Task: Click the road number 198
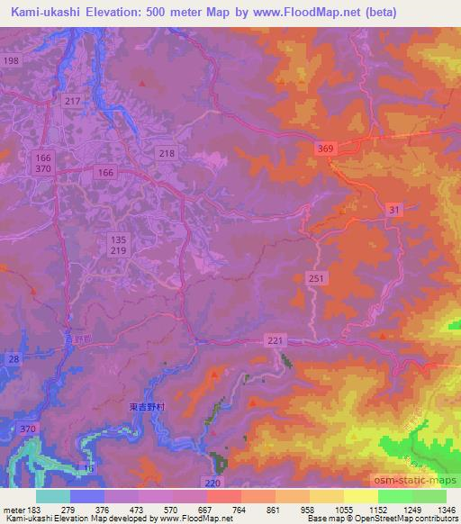(x=11, y=60)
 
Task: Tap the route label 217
(x=73, y=102)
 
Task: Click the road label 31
(x=393, y=210)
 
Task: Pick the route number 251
(x=315, y=279)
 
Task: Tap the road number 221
(x=276, y=339)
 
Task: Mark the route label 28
(x=13, y=360)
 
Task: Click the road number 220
(x=212, y=483)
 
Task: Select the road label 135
(x=118, y=239)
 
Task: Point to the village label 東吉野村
(x=142, y=408)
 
